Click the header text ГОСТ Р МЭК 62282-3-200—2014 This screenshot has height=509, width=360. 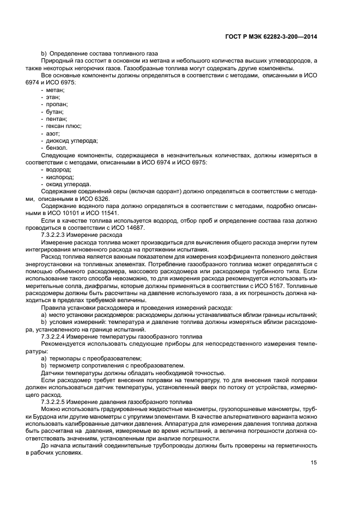(x=271, y=36)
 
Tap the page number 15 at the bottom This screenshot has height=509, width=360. (x=314, y=463)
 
